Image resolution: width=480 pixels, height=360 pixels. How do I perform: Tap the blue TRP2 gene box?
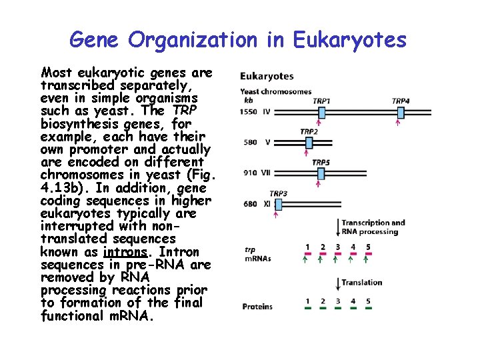(308, 141)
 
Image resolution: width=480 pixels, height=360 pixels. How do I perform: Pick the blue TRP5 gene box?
(321, 173)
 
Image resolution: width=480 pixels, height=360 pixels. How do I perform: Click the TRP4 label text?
(400, 101)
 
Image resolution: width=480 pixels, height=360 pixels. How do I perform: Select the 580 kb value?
(251, 141)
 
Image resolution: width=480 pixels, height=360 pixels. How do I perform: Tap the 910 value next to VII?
(250, 173)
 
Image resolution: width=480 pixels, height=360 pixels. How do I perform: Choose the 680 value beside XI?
(251, 203)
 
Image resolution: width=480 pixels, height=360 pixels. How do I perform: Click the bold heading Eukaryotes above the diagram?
(267, 76)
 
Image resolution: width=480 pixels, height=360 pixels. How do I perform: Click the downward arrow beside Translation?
(337, 283)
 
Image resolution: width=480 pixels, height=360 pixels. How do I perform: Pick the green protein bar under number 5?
(368, 307)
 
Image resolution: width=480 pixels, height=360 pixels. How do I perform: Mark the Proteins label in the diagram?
(257, 307)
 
